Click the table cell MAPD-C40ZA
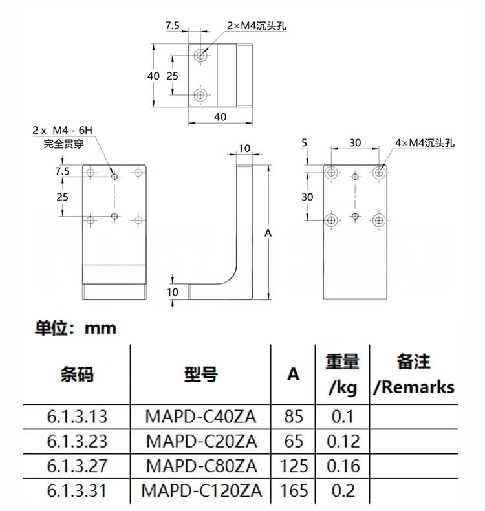[200, 417]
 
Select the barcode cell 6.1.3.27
[77, 466]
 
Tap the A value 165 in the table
[294, 490]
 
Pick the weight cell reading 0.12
[343, 441]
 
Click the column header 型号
[201, 374]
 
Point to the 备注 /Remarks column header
[414, 374]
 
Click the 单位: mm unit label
[76, 328]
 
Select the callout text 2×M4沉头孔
[257, 25]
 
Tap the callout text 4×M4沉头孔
[425, 143]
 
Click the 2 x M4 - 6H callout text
[63, 131]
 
